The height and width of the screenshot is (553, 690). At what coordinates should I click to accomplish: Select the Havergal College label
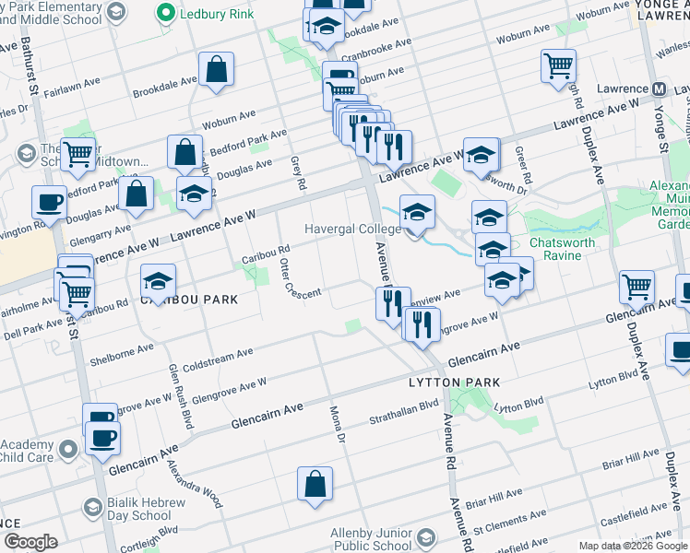(352, 229)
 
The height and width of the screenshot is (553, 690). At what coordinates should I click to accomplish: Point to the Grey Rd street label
(297, 171)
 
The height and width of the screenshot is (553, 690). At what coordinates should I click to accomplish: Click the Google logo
(30, 541)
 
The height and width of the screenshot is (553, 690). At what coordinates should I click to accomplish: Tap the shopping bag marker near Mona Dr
(315, 484)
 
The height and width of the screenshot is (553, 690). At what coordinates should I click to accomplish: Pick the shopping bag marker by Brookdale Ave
(216, 69)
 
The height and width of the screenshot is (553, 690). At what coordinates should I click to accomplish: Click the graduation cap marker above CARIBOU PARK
(158, 280)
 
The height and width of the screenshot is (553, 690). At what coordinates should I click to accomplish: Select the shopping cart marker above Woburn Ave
(558, 66)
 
